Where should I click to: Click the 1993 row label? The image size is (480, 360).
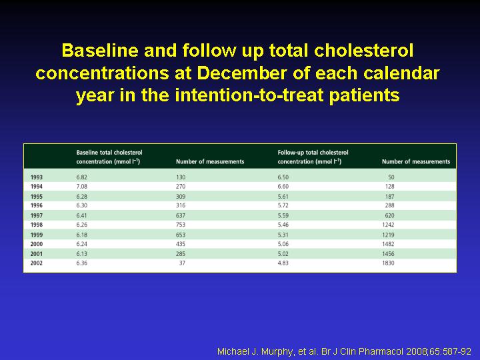(37, 177)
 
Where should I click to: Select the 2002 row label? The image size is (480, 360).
(37, 263)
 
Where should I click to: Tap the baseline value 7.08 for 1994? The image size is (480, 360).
(82, 187)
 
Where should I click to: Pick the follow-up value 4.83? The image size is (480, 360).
(283, 263)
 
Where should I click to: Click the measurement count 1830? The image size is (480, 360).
(388, 263)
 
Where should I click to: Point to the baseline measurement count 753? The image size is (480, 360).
(181, 225)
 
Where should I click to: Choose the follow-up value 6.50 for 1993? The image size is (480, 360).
(283, 177)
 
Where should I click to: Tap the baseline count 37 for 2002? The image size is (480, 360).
(182, 263)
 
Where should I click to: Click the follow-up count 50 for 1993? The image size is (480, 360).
(391, 177)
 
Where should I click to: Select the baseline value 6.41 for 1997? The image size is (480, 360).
(82, 215)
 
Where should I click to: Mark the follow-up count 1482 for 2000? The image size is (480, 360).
(388, 244)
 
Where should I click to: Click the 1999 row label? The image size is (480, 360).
(37, 235)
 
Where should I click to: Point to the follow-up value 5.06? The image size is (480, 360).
(283, 244)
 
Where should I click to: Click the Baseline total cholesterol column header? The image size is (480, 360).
(109, 157)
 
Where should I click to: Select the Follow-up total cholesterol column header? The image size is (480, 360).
(313, 157)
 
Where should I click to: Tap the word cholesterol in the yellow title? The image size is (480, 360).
(364, 51)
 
